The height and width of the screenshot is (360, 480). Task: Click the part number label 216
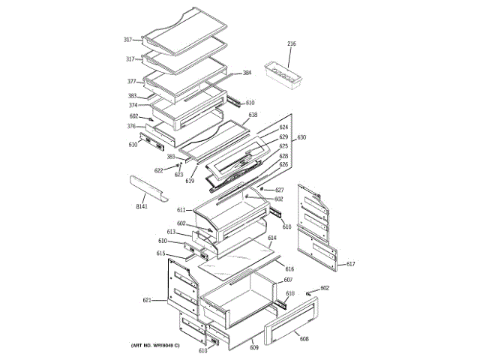(292, 44)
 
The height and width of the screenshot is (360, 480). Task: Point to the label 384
(247, 73)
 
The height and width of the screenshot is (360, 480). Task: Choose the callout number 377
(131, 82)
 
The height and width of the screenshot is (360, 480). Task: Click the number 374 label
(133, 106)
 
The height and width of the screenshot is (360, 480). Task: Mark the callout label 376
(131, 126)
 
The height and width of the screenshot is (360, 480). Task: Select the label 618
(253, 115)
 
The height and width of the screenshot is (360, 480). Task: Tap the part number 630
(302, 137)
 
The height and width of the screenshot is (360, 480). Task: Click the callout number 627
(279, 190)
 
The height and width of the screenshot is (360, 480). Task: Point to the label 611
(181, 210)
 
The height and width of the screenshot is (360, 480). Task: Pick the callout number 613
(171, 232)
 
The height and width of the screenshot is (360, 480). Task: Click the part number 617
(350, 264)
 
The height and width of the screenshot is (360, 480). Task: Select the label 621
(147, 301)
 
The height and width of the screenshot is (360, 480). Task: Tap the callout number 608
(304, 340)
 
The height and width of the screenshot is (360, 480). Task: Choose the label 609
(253, 348)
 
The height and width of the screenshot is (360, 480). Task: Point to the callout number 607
(288, 280)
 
